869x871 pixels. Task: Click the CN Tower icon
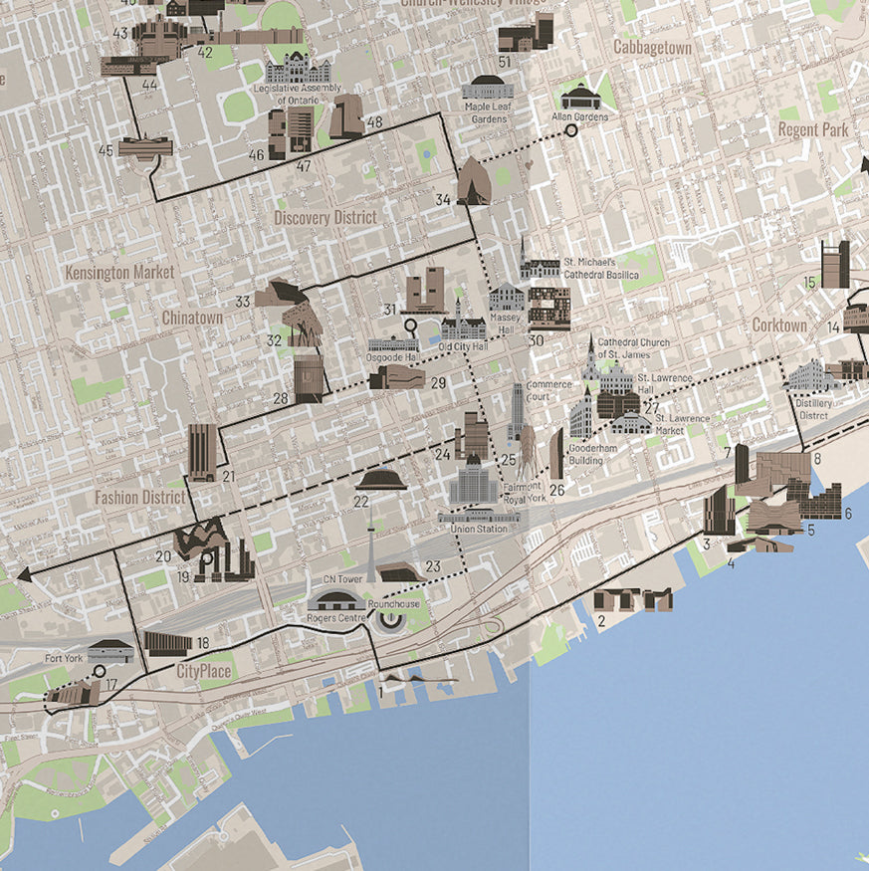tap(370, 552)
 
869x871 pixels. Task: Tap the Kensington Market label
tap(119, 272)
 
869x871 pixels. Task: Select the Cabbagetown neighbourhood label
tap(652, 47)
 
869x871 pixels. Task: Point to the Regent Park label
tap(812, 129)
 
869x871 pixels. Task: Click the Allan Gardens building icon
tap(577, 97)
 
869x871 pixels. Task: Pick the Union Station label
tap(479, 529)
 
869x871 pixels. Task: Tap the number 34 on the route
tap(443, 200)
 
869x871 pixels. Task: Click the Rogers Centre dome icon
tap(335, 600)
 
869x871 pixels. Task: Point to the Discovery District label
tap(325, 217)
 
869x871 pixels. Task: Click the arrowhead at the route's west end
tap(23, 573)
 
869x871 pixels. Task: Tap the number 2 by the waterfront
tap(601, 623)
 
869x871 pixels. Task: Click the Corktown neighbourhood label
tap(779, 326)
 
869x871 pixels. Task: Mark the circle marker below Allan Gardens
tap(571, 129)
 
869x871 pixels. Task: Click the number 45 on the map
tap(106, 150)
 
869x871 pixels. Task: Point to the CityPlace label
tap(204, 672)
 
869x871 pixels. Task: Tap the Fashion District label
tap(140, 496)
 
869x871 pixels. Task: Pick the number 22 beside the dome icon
tap(360, 502)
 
